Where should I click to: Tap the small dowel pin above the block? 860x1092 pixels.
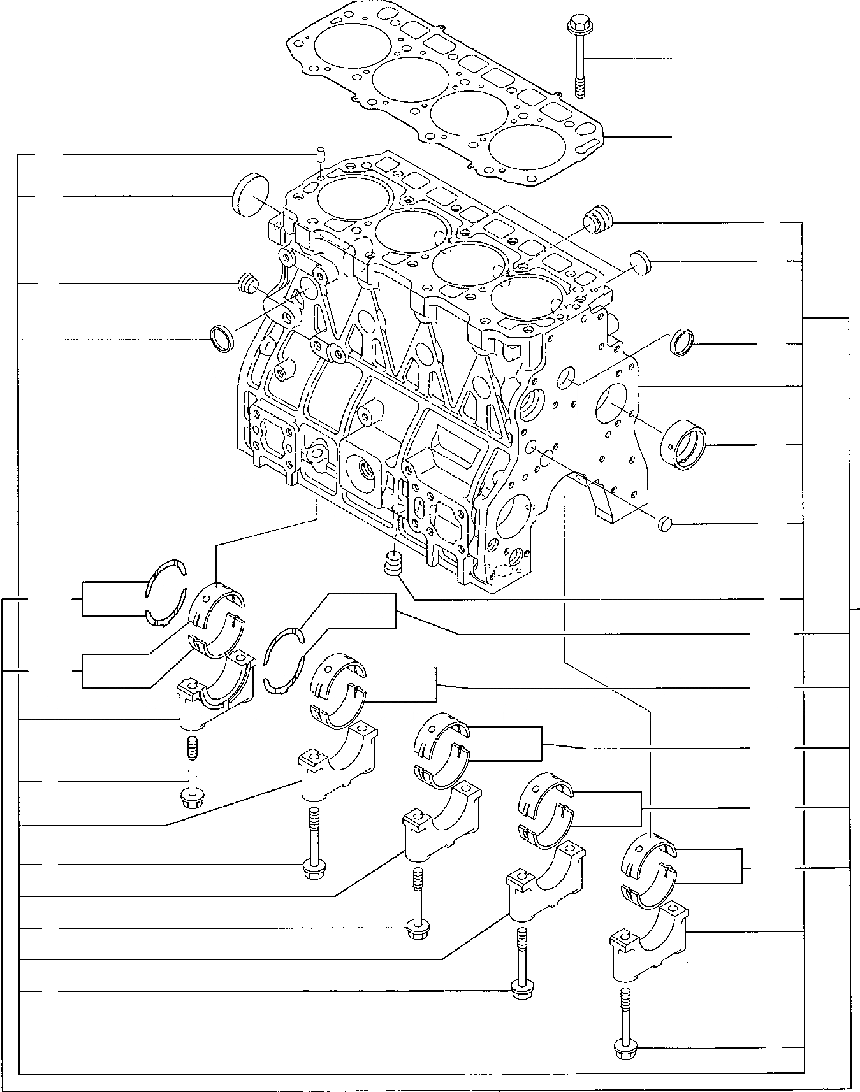321,155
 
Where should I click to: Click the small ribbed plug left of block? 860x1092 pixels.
246,282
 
